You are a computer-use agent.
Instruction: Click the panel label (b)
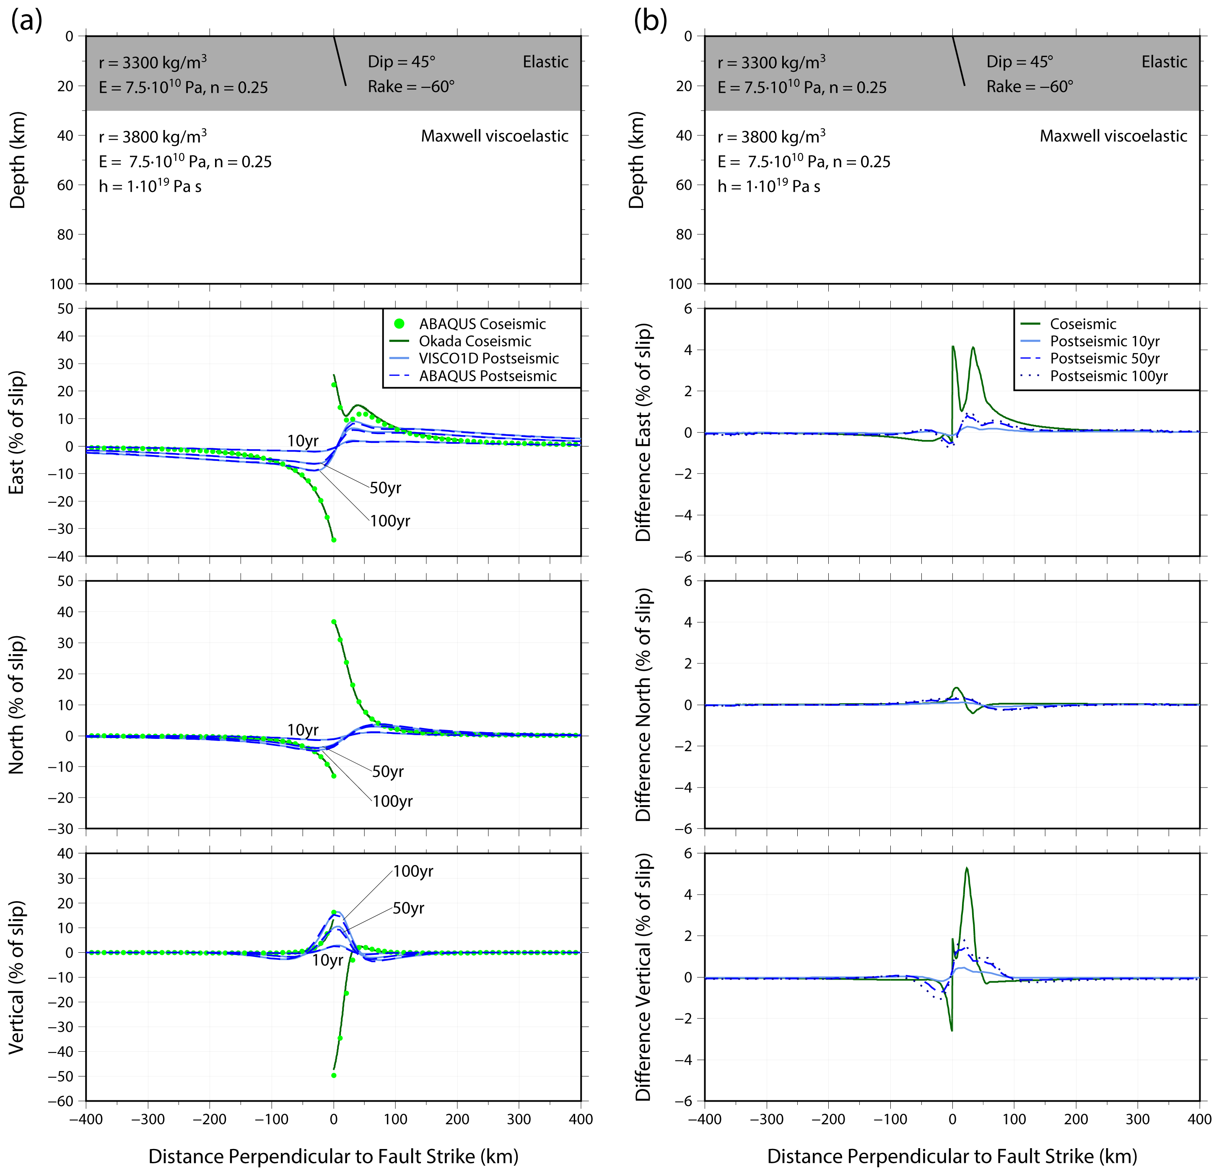(x=650, y=21)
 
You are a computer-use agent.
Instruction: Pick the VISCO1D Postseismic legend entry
(x=488, y=358)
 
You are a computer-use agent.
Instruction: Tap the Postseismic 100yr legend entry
(x=1108, y=376)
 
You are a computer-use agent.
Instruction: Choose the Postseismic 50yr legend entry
(x=1105, y=358)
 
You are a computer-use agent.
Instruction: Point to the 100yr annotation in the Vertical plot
(x=413, y=871)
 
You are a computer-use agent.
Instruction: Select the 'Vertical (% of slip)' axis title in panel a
(x=17, y=977)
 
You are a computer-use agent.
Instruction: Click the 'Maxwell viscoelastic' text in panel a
(x=495, y=136)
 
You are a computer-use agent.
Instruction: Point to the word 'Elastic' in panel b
(x=1164, y=62)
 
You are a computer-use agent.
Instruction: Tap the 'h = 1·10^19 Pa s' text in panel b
(x=769, y=186)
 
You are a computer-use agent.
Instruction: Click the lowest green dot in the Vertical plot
(x=334, y=1075)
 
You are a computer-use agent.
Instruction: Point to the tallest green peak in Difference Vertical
(x=967, y=868)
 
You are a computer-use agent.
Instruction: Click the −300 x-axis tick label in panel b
(x=766, y=1120)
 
